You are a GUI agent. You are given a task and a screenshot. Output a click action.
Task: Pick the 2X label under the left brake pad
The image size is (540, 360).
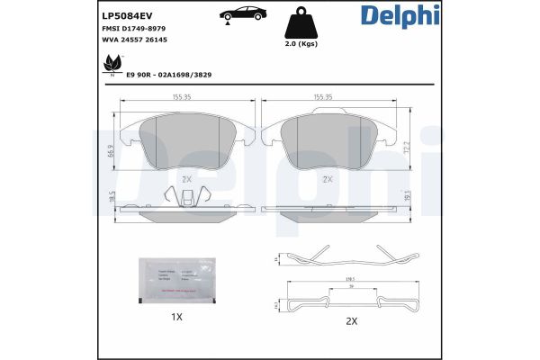(187, 179)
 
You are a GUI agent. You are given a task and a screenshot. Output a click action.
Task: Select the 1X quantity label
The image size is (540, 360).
(177, 317)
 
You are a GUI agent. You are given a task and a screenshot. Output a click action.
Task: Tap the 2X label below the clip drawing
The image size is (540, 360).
(350, 321)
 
